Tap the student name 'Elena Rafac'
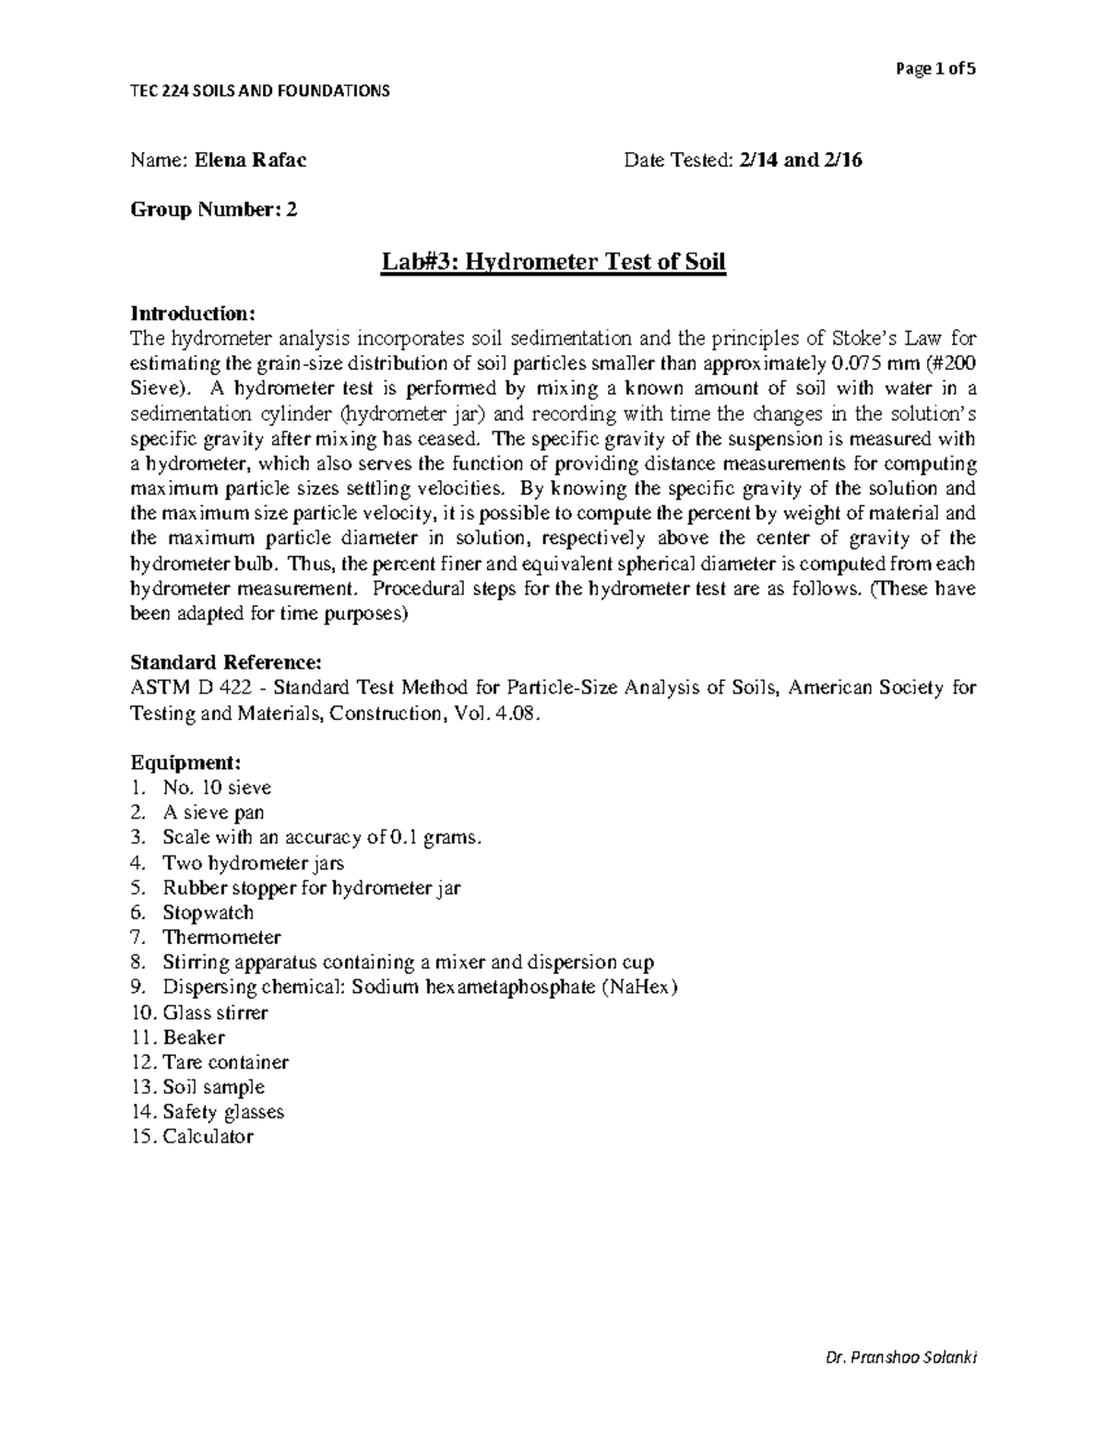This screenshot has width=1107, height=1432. [251, 160]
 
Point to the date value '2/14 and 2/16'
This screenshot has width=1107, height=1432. [800, 160]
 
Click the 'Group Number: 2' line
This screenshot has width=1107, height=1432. [214, 210]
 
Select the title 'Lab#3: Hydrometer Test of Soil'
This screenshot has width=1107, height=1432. [553, 263]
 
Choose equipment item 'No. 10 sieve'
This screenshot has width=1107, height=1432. [217, 787]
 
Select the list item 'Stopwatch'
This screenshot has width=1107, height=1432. [208, 913]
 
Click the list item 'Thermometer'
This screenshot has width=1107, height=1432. [221, 938]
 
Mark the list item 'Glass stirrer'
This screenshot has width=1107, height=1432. [215, 1012]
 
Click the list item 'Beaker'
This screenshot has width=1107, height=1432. [194, 1037]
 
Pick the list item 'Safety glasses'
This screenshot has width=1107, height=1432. [223, 1112]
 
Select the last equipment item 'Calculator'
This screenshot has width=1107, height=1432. [208, 1137]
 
